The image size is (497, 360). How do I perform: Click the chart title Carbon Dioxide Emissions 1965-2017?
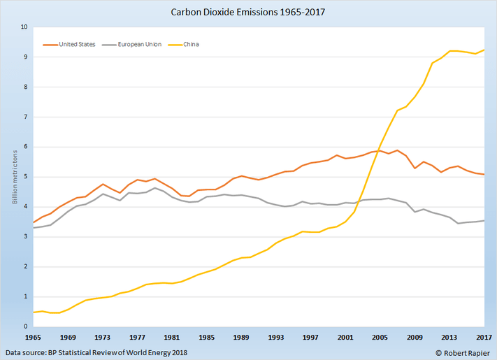[248, 12]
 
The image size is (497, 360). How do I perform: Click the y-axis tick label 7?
[24, 117]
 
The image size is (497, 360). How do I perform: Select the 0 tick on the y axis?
[24, 326]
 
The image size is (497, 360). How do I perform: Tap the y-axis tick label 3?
[24, 237]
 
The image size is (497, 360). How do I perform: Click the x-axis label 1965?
[33, 336]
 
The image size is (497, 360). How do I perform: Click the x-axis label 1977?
[136, 336]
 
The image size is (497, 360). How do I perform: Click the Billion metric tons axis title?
[13, 177]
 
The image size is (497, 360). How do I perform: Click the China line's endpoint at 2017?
[484, 50]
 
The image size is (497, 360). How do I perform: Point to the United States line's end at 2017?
[484, 174]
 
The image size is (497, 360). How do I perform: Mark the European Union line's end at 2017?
[484, 221]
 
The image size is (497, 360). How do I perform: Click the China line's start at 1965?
[33, 312]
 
